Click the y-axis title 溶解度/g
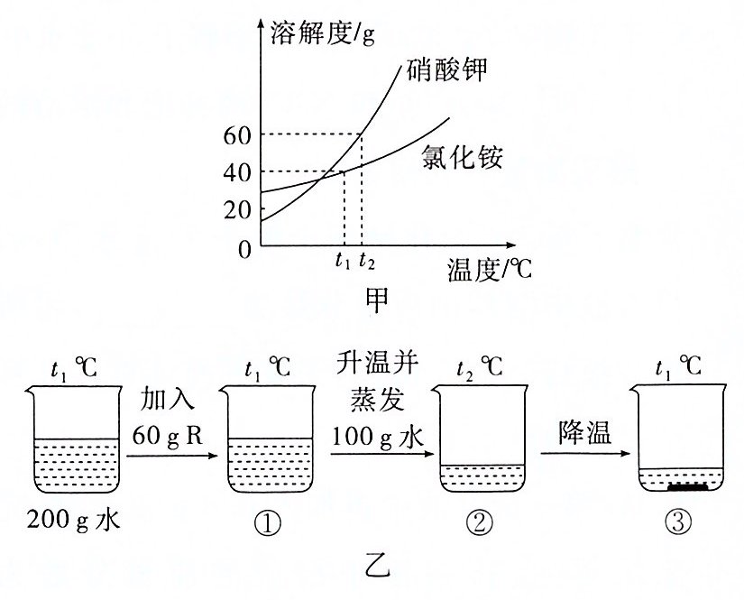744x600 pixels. pyautogui.click(x=323, y=33)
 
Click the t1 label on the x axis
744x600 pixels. pyautogui.click(x=341, y=262)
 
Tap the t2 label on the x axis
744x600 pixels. pyautogui.click(x=365, y=262)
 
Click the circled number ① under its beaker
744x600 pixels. pyautogui.click(x=270, y=522)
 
